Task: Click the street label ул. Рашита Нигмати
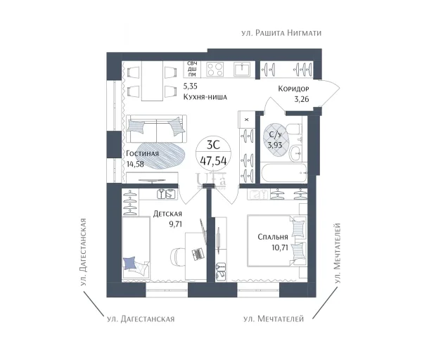[x=281, y=33]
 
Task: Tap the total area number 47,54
[x=213, y=161]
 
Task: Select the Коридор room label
[x=293, y=89]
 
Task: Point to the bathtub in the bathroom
[x=283, y=172]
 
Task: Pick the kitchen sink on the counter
[x=243, y=70]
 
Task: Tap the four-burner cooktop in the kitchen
[x=215, y=69]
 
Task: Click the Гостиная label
[x=142, y=153]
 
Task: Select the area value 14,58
[x=135, y=164]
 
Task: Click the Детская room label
[x=167, y=214]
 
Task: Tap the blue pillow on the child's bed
[x=129, y=263]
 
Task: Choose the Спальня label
[x=273, y=237]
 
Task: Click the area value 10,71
[x=280, y=247]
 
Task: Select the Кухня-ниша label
[x=205, y=97]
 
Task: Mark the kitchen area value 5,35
[x=191, y=86]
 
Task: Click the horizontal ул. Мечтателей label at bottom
[x=274, y=319]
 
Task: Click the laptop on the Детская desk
[x=197, y=254]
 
